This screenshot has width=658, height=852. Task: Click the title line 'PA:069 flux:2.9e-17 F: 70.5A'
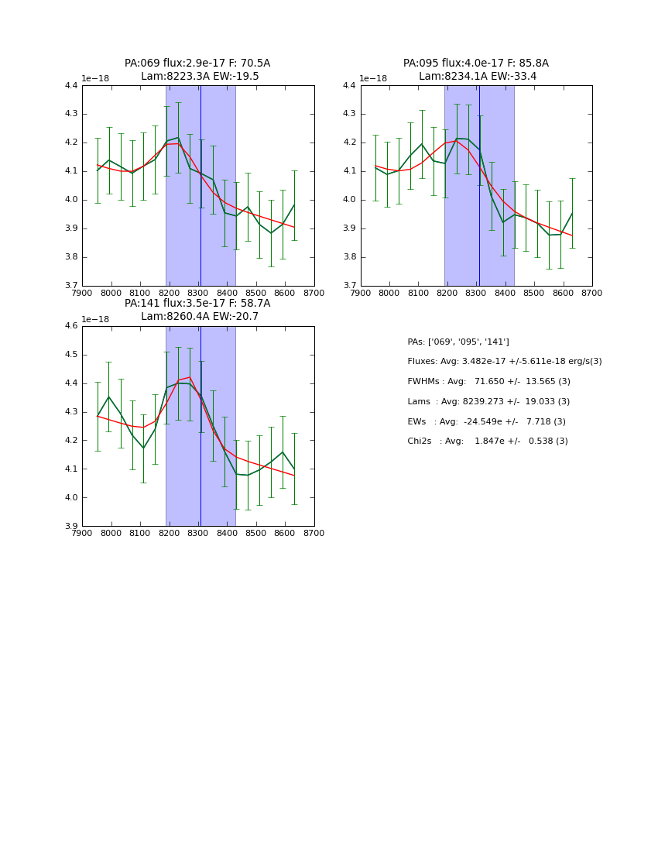(197, 64)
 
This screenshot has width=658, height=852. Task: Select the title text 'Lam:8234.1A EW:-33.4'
(477, 77)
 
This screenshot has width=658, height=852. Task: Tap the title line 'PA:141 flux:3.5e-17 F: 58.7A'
(197, 304)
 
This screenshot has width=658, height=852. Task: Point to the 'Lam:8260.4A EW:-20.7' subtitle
(199, 317)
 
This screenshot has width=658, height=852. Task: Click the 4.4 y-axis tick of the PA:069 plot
(71, 86)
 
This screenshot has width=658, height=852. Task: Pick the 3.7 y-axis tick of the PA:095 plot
(350, 286)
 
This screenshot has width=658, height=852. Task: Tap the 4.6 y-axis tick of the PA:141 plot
(71, 326)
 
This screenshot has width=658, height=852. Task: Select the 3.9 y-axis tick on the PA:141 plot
(71, 526)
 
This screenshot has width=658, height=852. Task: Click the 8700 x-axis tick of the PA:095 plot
(592, 294)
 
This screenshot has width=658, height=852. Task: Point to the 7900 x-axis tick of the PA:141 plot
(83, 534)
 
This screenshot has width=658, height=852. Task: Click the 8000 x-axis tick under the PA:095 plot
(389, 294)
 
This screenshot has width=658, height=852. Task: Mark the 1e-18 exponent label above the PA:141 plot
(95, 319)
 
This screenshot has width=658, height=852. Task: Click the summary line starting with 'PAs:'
(458, 342)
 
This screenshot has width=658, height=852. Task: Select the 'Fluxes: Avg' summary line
(504, 362)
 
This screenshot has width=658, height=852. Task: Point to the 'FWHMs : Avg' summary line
(488, 382)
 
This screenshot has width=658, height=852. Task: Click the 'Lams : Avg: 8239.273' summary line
(488, 402)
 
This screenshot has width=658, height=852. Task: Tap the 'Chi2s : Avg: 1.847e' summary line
(488, 441)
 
